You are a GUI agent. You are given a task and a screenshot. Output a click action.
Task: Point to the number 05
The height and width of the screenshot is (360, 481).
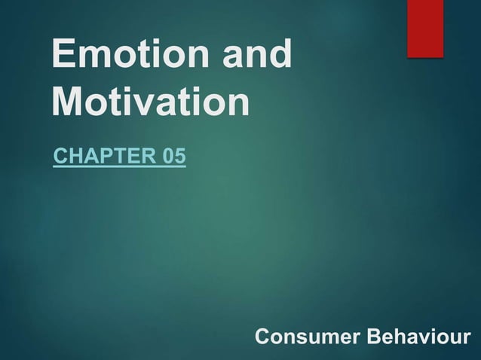coord(174,157)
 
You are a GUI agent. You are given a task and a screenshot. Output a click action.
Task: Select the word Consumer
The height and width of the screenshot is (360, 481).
coord(306,337)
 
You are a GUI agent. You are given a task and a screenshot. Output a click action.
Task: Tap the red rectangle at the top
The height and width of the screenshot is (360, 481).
coord(425,28)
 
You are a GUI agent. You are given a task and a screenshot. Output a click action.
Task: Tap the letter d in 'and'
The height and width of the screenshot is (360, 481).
coord(279,56)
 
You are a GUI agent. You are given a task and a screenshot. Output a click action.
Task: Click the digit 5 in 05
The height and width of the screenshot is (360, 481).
coord(179,157)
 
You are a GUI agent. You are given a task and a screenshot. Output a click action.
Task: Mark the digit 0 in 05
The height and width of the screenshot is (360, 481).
coord(169,157)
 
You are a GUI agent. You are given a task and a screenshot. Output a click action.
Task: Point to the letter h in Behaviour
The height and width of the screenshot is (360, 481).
coord(398,337)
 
